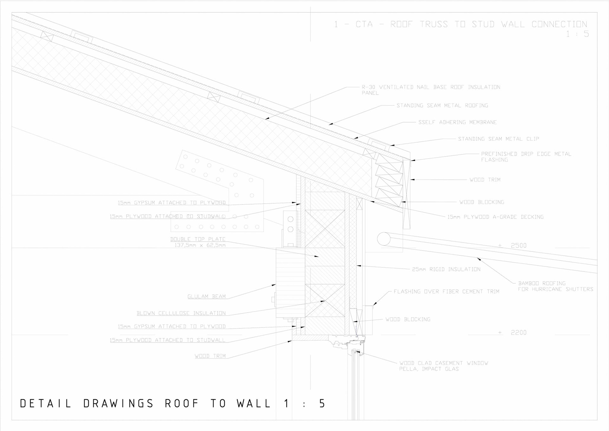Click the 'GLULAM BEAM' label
pos(206,297)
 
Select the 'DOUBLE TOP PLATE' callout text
pos(198,239)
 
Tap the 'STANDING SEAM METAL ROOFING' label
pos(442,105)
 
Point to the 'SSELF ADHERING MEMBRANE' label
pos(457,122)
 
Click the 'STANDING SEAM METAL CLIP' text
pos(498,139)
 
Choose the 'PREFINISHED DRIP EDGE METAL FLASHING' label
pos(526,157)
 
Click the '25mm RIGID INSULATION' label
pos(446,269)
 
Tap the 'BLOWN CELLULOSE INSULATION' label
pos(181,313)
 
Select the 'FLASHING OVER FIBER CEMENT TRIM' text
pos(446,292)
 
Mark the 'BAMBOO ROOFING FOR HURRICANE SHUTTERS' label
pos(555,286)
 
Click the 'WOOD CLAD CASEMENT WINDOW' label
pos(443,363)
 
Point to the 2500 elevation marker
pos(518,246)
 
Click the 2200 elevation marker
pos(518,333)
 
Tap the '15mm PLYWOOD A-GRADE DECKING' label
pos(495,217)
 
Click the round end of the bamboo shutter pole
pos(384,239)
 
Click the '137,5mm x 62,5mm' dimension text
pos(200,245)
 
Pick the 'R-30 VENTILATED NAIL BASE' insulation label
pos(431,87)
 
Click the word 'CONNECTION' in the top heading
pos(559,24)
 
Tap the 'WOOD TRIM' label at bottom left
pos(210,356)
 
